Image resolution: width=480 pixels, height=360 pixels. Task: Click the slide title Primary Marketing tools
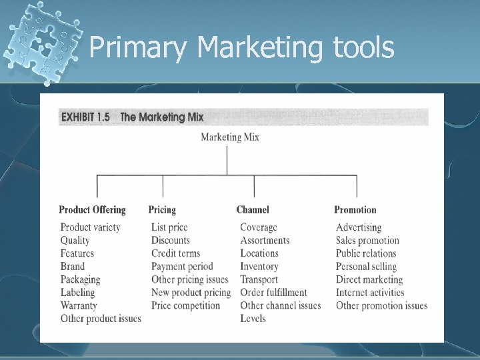[x=241, y=48]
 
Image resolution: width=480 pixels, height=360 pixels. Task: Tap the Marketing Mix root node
[x=230, y=137]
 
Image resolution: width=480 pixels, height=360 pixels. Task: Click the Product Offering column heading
[x=92, y=210]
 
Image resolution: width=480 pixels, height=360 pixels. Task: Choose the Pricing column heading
[x=162, y=210]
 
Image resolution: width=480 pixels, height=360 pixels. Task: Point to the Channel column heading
[x=253, y=210]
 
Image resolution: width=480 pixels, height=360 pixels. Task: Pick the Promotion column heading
[x=355, y=210]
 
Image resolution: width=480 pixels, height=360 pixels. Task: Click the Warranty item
[x=79, y=305]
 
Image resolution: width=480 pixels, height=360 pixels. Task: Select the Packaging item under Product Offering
[x=80, y=279]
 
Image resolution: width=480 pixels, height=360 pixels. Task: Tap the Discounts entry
[x=171, y=241]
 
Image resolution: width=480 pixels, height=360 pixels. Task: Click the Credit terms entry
[x=175, y=253]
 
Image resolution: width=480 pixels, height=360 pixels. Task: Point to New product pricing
[x=191, y=293]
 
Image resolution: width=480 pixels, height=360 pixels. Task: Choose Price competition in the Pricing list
[x=185, y=305]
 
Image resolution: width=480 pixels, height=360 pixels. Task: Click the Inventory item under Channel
[x=259, y=267]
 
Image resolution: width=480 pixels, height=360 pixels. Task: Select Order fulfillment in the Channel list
[x=273, y=293]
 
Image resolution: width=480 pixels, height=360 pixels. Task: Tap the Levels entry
[x=253, y=319]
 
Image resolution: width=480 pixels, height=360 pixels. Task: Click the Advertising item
[x=359, y=227]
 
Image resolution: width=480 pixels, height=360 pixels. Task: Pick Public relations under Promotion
[x=366, y=253]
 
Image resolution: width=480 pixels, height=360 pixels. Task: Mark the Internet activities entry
[x=370, y=293]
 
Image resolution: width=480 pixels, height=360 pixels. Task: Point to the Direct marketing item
[x=369, y=279]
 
